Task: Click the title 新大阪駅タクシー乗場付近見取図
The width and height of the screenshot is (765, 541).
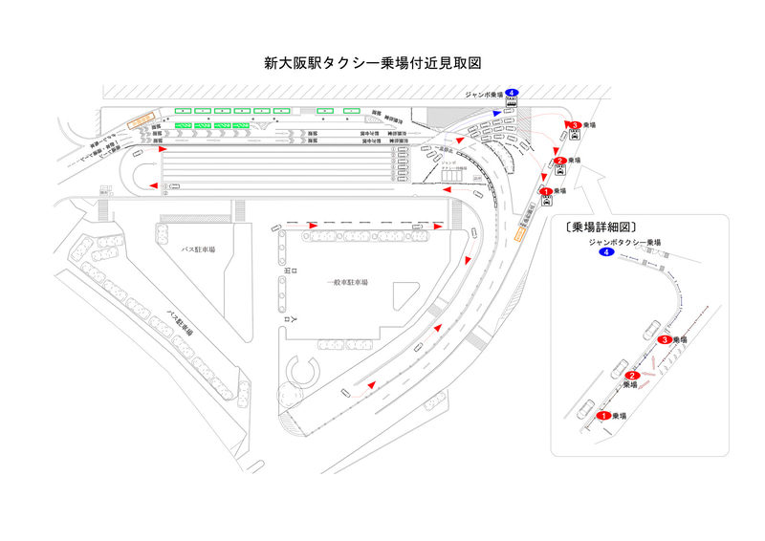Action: (371, 64)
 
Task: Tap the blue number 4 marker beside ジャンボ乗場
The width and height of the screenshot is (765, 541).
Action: (512, 93)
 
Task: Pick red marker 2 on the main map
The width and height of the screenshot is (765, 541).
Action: (559, 160)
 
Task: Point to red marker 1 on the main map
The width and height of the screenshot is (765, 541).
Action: (545, 191)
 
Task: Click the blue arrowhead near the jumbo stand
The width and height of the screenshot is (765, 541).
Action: (497, 112)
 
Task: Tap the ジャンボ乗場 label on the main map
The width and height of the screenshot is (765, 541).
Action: (484, 95)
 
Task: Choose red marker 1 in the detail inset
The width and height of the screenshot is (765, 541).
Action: (603, 416)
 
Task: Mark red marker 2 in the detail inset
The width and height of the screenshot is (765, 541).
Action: (632, 376)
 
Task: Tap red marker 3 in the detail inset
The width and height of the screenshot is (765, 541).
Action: (665, 339)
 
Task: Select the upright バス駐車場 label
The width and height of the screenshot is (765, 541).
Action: (198, 249)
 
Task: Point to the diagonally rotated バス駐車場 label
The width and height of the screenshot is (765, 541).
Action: (179, 321)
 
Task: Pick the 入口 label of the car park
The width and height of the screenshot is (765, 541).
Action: (286, 322)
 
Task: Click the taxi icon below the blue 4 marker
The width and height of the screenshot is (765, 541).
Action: (511, 102)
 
